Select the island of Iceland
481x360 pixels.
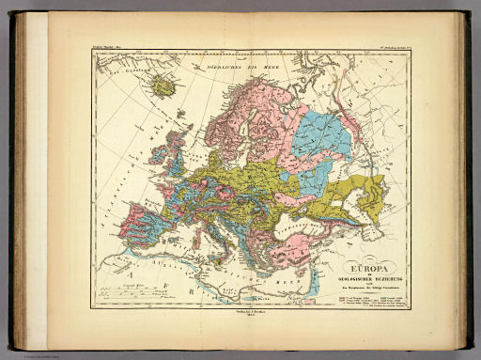pos(163,86)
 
